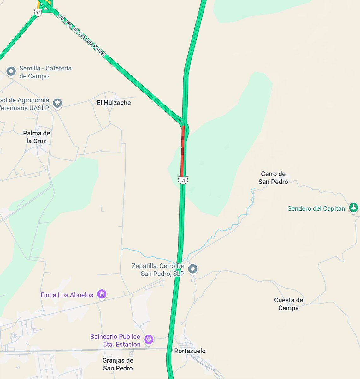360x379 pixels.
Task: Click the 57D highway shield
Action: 183,180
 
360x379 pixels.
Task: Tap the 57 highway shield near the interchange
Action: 38,13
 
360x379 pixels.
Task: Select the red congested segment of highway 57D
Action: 182,152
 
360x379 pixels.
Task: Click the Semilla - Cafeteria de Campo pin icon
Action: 11,71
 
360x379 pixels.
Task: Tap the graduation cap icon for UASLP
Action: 57,103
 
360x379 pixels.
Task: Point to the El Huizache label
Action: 114,103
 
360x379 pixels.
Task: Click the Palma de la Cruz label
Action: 37,137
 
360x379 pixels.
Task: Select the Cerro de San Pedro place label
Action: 273,178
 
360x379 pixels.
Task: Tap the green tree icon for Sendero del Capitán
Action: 353,208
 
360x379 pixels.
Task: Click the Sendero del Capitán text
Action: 316,208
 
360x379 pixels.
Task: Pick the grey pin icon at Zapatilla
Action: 193,269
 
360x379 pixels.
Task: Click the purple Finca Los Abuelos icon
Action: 102,294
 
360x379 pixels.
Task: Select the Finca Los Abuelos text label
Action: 67,295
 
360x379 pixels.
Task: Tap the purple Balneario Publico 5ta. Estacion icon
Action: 149,340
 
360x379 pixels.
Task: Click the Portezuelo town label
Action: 190,351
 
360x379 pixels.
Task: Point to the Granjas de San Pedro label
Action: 118,364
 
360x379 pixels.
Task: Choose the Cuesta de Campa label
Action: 288,304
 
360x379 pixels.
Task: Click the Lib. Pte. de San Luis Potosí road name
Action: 81,35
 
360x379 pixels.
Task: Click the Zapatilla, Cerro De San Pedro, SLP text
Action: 158,270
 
